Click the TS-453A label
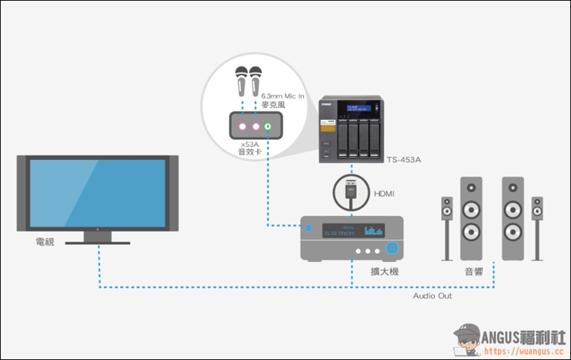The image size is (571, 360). (403, 159)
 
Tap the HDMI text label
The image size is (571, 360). (385, 193)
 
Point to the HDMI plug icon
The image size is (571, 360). (350, 191)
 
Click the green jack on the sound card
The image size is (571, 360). (268, 127)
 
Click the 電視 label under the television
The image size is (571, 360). (45, 243)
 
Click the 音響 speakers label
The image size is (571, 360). (475, 272)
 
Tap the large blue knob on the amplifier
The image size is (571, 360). (393, 249)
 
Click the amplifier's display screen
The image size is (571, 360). (353, 231)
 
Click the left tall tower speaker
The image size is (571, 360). (470, 218)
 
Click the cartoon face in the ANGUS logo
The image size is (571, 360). (469, 340)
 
